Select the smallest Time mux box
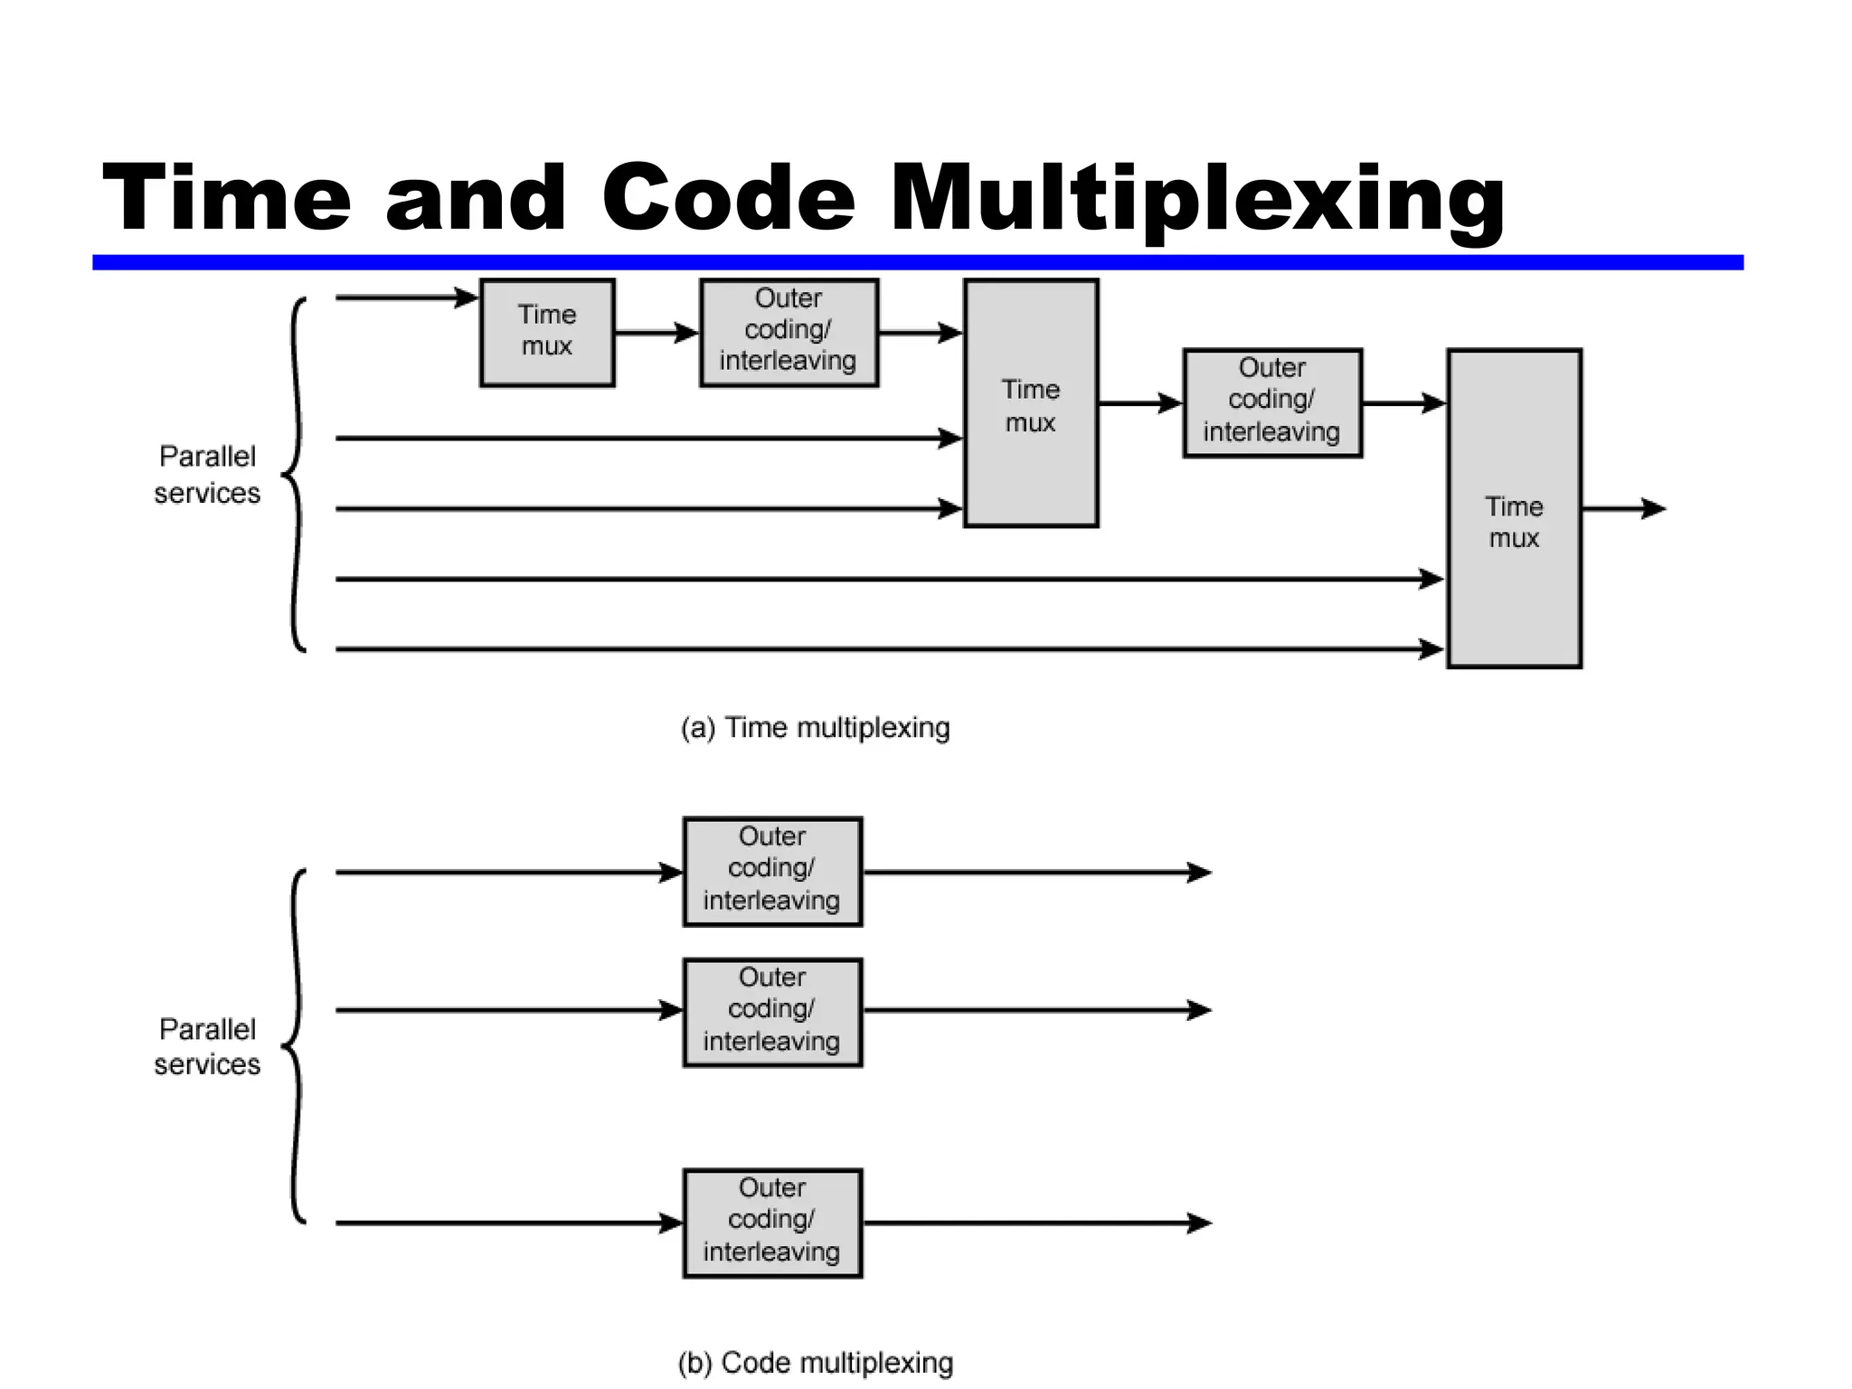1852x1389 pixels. click(x=547, y=332)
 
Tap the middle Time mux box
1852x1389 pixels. click(x=1031, y=403)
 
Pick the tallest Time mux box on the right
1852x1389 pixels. click(x=1514, y=508)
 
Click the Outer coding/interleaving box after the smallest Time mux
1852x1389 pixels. click(x=789, y=332)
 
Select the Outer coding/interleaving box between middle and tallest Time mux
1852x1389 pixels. click(x=1272, y=402)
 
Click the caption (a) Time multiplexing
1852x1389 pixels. click(x=815, y=727)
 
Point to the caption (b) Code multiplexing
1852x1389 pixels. click(x=815, y=1362)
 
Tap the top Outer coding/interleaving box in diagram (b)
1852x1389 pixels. click(x=772, y=871)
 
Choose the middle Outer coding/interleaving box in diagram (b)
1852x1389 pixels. click(x=772, y=1012)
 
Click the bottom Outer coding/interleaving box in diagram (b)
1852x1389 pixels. click(x=772, y=1223)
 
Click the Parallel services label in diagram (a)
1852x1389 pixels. click(x=207, y=474)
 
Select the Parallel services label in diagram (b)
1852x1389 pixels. click(x=207, y=1046)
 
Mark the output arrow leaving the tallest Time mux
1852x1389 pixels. click(x=1623, y=508)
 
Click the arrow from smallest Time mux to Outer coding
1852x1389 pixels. click(x=657, y=333)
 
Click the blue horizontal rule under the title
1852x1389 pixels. click(x=917, y=262)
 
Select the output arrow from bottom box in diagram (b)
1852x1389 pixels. click(x=1036, y=1223)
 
